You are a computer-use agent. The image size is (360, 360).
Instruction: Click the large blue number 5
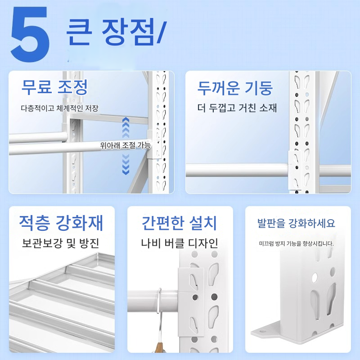(x=30, y=34)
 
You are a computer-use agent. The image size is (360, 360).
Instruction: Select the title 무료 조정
(x=54, y=87)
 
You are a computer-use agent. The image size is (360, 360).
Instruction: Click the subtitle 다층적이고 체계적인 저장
(x=60, y=108)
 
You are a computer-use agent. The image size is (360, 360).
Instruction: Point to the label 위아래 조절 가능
(x=126, y=145)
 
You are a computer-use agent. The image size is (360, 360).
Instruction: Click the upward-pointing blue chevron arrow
(x=126, y=127)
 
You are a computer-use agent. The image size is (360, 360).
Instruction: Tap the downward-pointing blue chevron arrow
(x=126, y=164)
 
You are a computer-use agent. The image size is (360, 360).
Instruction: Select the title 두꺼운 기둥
(x=235, y=88)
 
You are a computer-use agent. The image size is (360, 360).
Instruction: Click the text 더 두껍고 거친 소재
(x=237, y=108)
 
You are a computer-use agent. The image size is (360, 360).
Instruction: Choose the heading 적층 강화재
(x=61, y=223)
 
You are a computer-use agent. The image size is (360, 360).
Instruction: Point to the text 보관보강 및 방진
(x=60, y=243)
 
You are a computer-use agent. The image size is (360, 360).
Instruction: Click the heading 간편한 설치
(x=179, y=223)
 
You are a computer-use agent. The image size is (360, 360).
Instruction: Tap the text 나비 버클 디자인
(x=179, y=243)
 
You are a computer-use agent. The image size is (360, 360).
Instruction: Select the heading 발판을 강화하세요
(x=296, y=223)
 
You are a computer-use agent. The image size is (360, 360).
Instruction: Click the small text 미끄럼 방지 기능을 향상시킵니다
(x=297, y=243)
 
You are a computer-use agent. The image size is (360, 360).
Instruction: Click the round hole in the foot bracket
(x=315, y=278)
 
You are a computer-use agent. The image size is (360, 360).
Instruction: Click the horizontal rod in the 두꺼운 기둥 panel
(x=237, y=170)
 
